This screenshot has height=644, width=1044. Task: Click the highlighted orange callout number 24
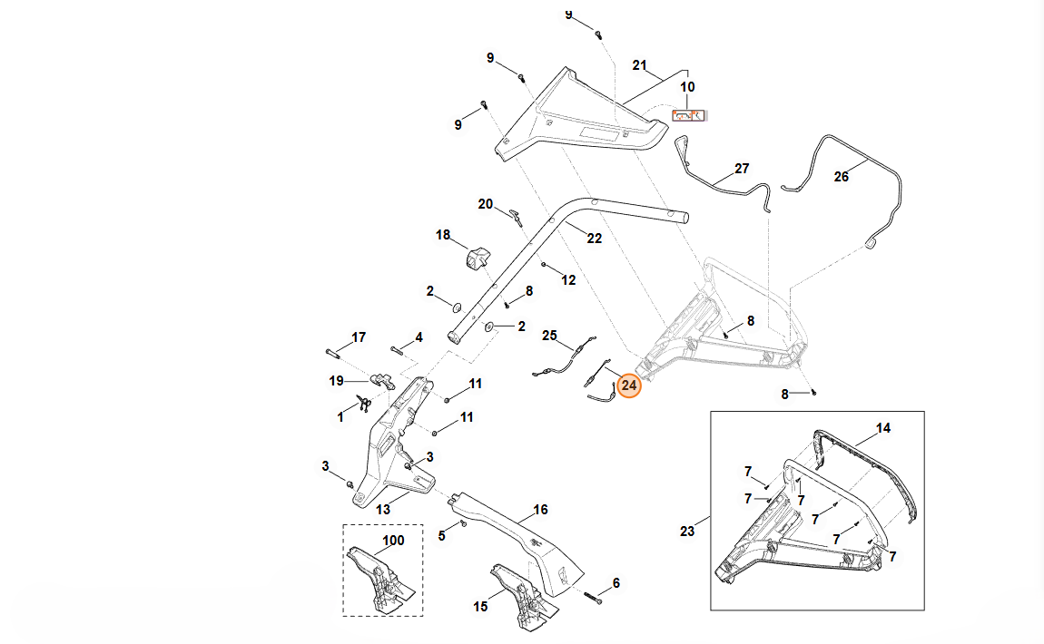tap(629, 385)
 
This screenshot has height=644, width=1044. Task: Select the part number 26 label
tap(842, 177)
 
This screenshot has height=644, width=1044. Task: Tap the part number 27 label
tap(742, 169)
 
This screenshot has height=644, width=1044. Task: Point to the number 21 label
tap(639, 65)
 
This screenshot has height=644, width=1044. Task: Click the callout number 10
tap(687, 87)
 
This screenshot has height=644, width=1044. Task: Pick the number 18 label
tap(443, 235)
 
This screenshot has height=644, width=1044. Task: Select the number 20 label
tap(486, 204)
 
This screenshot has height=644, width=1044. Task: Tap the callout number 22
tap(594, 239)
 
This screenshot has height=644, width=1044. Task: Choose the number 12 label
tap(568, 280)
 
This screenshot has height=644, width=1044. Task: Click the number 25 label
tap(549, 336)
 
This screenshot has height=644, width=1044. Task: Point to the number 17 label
tap(359, 337)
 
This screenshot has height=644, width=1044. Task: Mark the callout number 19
tap(336, 381)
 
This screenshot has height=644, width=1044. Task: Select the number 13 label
tap(383, 510)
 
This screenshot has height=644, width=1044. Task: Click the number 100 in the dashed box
tap(392, 541)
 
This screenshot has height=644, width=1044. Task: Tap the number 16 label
tap(540, 510)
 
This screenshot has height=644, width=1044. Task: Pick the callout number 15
tap(481, 606)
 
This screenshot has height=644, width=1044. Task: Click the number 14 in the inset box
tap(883, 427)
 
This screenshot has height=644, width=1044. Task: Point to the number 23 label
tap(687, 532)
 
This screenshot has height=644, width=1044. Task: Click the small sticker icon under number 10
tap(688, 115)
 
